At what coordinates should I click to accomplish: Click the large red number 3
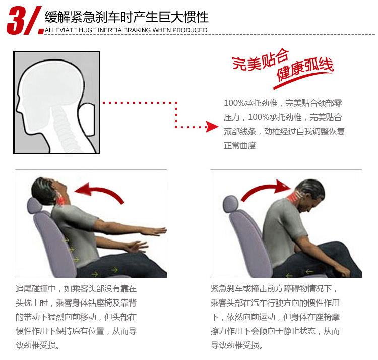point(16,21)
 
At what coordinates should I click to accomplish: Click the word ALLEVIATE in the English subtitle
point(61,30)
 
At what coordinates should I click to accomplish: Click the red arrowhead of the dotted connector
point(212,127)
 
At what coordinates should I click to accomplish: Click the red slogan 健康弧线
point(305,69)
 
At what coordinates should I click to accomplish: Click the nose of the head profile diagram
point(17,109)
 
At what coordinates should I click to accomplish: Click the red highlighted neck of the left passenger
point(60,198)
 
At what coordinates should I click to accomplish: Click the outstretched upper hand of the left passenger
point(154,231)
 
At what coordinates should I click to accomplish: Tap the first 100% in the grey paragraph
point(234,103)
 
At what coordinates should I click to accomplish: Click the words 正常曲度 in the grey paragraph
point(240,146)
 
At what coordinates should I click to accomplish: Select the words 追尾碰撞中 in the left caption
point(36,289)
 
